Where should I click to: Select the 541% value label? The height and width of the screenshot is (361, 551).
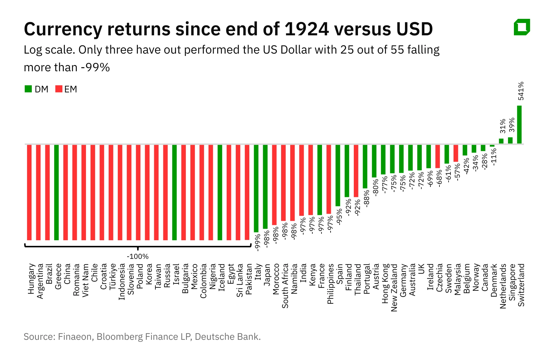(x=521, y=91)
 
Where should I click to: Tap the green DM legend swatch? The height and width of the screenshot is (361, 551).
(x=28, y=89)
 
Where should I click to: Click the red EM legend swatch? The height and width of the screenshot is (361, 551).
(x=59, y=89)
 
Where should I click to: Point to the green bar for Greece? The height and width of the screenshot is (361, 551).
(x=57, y=192)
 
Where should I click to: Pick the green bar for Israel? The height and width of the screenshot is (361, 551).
(x=175, y=192)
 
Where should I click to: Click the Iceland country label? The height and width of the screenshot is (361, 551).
(x=222, y=277)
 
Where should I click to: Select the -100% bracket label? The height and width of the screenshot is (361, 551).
(x=137, y=256)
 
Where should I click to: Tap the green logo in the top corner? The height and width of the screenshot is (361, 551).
(x=522, y=27)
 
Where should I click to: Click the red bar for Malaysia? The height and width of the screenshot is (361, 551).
(x=456, y=153)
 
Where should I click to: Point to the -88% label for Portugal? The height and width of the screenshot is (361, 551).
(x=367, y=198)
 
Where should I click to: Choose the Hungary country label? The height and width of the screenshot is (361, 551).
(x=31, y=279)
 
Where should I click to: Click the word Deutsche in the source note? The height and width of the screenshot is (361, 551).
(x=212, y=337)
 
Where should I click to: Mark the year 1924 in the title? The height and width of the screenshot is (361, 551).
(x=306, y=29)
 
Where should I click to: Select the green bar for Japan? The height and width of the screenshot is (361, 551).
(x=265, y=186)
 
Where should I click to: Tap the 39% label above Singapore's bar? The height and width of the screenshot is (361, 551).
(x=512, y=125)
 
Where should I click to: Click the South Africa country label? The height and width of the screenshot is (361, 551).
(x=285, y=286)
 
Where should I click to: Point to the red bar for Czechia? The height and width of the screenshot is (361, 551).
(x=437, y=156)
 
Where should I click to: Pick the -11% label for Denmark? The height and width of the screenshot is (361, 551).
(x=494, y=156)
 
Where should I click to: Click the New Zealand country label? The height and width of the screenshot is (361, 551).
(x=394, y=287)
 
